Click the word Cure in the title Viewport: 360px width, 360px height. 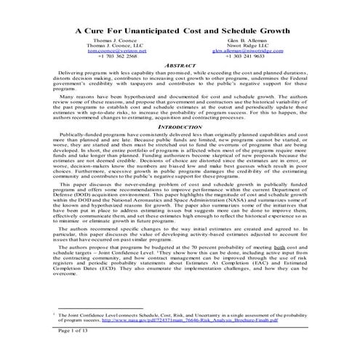pos(100,33)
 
